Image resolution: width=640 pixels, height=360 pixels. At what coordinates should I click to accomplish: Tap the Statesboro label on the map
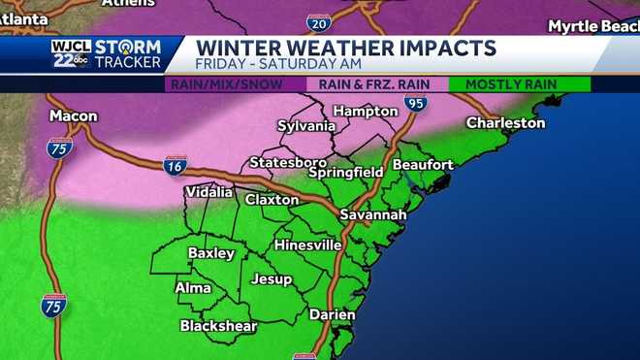[282, 162]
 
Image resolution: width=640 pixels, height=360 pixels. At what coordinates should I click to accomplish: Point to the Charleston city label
[505, 123]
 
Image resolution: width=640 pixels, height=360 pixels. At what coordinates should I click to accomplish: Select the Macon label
[74, 116]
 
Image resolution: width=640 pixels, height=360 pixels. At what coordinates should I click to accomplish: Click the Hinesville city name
[307, 245]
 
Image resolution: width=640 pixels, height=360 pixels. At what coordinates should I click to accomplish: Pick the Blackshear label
[218, 326]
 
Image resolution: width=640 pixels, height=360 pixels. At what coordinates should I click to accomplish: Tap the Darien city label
[332, 314]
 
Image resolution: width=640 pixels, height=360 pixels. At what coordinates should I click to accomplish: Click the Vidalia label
[208, 192]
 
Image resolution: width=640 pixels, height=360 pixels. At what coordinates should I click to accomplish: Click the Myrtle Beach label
[592, 25]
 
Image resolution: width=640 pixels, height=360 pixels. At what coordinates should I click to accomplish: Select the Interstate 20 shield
[317, 21]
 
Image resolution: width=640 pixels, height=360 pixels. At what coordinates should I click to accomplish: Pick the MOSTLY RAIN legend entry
[511, 84]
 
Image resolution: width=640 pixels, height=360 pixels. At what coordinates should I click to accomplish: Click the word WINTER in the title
[237, 48]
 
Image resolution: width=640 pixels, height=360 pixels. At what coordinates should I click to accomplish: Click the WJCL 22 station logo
[71, 53]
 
